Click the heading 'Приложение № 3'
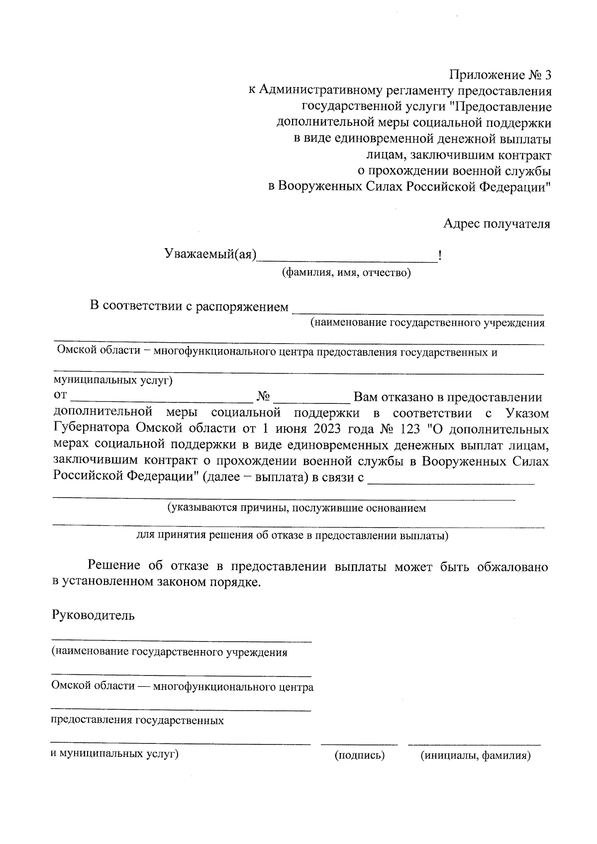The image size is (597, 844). click(500, 75)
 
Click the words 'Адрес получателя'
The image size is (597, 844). click(497, 224)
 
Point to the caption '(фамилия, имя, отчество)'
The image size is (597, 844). click(346, 273)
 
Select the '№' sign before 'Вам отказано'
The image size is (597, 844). click(264, 397)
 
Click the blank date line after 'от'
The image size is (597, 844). click(162, 401)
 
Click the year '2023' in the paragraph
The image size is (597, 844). click(327, 429)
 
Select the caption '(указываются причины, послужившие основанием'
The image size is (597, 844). click(297, 508)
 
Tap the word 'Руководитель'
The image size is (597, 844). click(93, 615)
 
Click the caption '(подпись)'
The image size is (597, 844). click(360, 755)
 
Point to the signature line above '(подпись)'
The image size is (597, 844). click(359, 745)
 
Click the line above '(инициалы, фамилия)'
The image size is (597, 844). click(474, 745)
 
